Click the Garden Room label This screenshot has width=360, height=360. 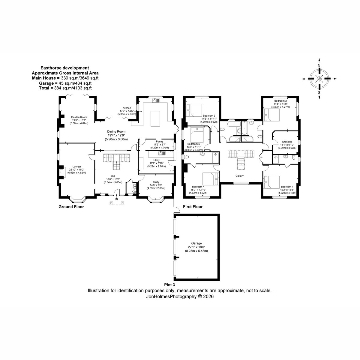tap(79, 117)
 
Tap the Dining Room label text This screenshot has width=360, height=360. tap(116, 131)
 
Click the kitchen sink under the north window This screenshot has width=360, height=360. tap(155, 100)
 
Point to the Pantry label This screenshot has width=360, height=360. tap(160, 142)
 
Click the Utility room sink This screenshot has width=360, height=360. tap(162, 153)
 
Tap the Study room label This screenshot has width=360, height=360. tap(156, 182)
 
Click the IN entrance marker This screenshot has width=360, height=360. tap(117, 199)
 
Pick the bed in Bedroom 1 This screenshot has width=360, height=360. tap(271, 182)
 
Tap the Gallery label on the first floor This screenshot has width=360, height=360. tap(239, 176)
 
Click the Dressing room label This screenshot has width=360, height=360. tap(287, 142)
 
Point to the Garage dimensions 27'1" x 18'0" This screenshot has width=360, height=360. tap(196, 247)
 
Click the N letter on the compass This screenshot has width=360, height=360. tap(319, 66)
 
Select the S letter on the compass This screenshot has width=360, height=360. tap(319, 92)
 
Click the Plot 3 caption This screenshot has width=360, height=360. tap(169, 285)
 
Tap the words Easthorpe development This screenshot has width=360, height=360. tap(65, 68)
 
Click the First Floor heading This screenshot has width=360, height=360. tap(193, 207)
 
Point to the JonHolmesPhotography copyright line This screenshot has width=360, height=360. tap(180, 296)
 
